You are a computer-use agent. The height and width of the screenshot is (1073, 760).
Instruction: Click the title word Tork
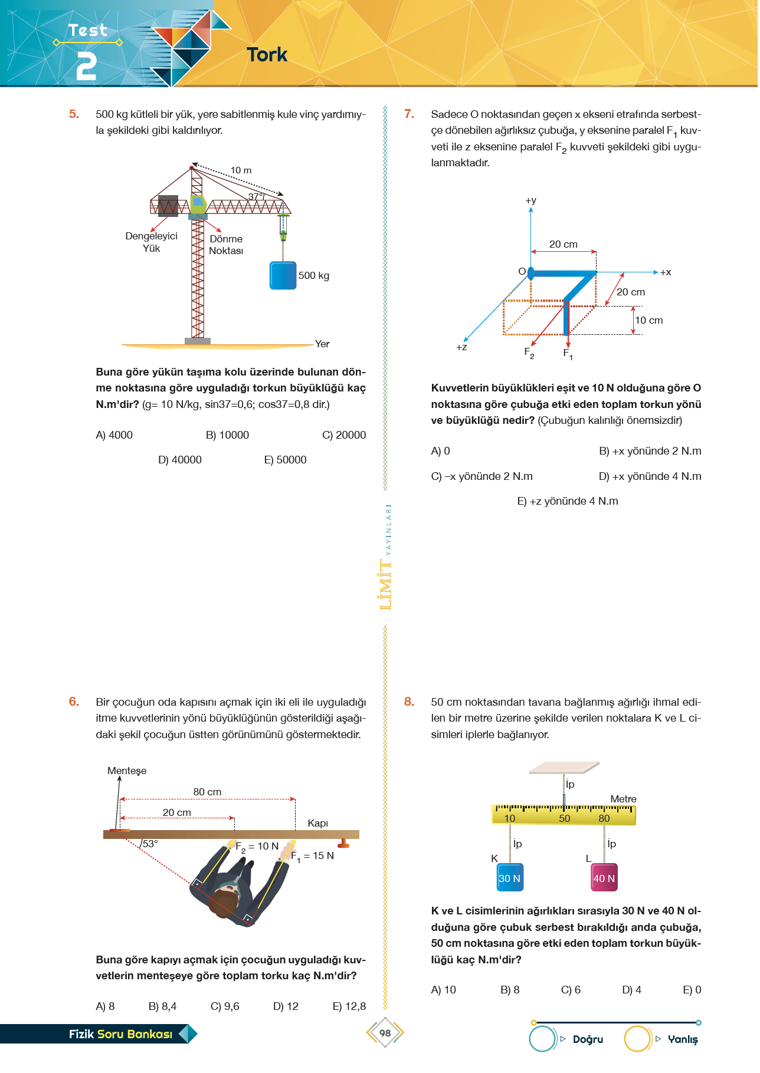click(267, 55)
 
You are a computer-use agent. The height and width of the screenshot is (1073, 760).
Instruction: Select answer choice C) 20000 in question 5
click(343, 435)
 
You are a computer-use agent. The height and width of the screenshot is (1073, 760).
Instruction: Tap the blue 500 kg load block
click(283, 275)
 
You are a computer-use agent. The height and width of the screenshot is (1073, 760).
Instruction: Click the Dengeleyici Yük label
click(151, 242)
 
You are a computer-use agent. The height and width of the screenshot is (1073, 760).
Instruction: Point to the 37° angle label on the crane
click(255, 197)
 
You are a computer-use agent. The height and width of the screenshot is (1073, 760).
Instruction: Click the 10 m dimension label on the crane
click(241, 170)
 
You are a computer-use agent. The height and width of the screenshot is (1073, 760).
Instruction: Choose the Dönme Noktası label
click(226, 245)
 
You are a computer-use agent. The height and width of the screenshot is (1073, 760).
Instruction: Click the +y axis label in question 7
click(531, 200)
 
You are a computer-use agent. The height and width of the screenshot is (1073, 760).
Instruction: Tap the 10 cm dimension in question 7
click(648, 320)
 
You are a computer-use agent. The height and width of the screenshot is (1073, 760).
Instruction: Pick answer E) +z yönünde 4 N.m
click(567, 501)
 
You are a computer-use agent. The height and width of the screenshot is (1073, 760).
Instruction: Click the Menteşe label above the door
click(127, 771)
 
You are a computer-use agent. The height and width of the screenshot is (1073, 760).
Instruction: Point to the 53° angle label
click(150, 844)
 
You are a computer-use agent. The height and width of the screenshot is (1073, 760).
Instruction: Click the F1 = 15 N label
click(313, 856)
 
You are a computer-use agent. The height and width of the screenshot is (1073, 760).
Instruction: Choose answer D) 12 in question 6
click(286, 1006)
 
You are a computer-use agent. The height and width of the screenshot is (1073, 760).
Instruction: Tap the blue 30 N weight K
click(510, 878)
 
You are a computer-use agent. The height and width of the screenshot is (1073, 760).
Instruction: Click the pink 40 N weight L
click(604, 878)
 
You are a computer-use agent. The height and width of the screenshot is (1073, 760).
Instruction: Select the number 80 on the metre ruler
click(604, 818)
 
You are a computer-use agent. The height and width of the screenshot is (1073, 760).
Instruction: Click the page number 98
click(385, 1033)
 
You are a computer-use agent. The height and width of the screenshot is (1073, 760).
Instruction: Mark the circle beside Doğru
click(543, 1039)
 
